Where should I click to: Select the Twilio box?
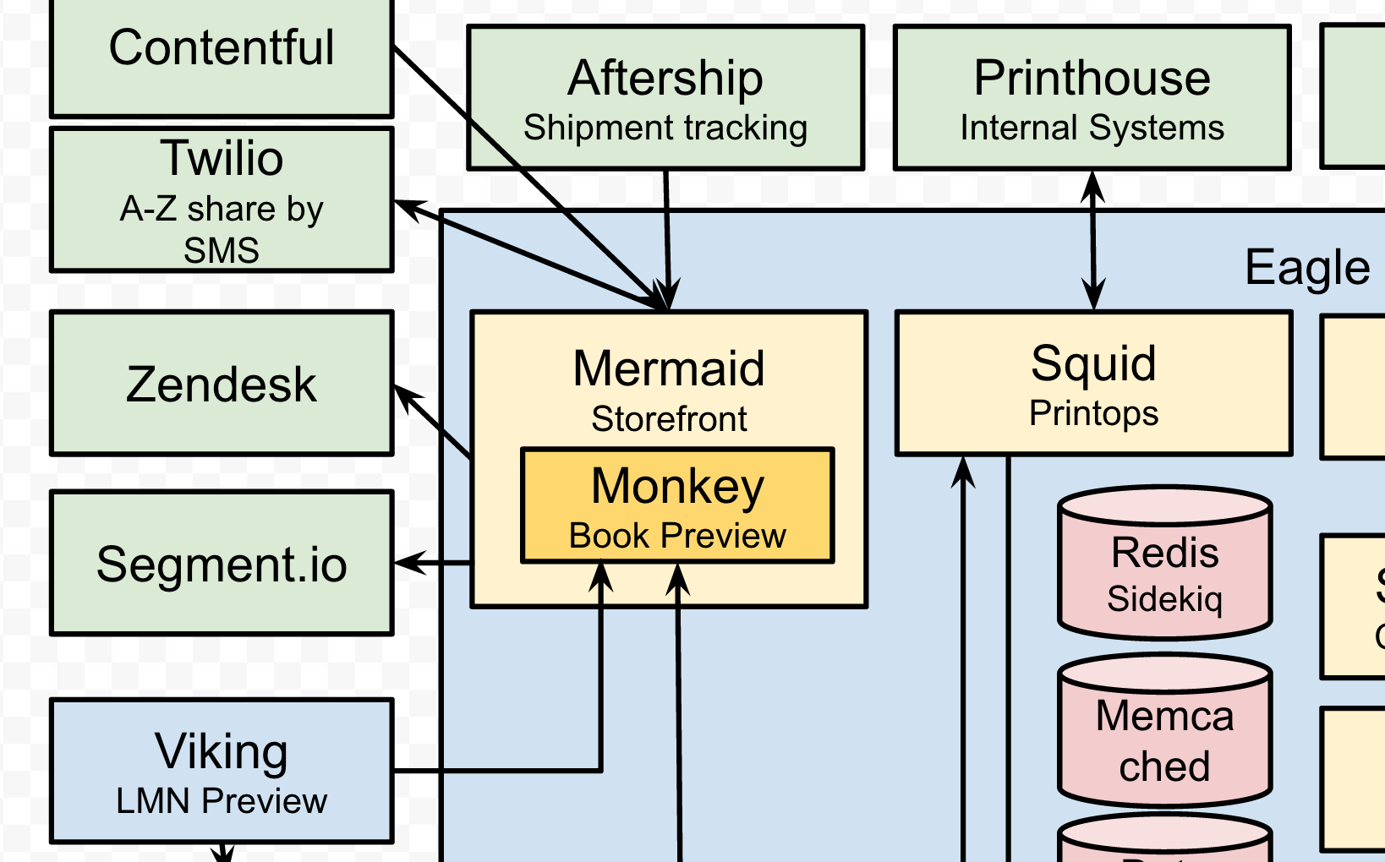pyautogui.click(x=222, y=200)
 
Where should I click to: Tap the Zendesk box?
pyautogui.click(x=222, y=384)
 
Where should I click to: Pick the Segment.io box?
pyautogui.click(x=222, y=563)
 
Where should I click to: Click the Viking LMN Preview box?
pyautogui.click(x=222, y=771)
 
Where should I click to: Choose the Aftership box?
pyautogui.click(x=665, y=97)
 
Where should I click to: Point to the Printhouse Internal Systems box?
pyautogui.click(x=1092, y=97)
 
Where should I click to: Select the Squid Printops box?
pyautogui.click(x=1093, y=384)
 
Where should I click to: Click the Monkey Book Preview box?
pyautogui.click(x=677, y=505)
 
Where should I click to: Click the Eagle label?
pyautogui.click(x=1306, y=268)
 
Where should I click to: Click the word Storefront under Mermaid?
pyautogui.click(x=669, y=419)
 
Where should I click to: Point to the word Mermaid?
pyautogui.click(x=669, y=368)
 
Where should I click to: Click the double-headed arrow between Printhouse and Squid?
pyautogui.click(x=1093, y=241)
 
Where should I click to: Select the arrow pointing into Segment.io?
pyautogui.click(x=431, y=563)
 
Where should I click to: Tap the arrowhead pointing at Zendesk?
pyautogui.click(x=404, y=395)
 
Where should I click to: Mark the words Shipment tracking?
pyautogui.click(x=665, y=128)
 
